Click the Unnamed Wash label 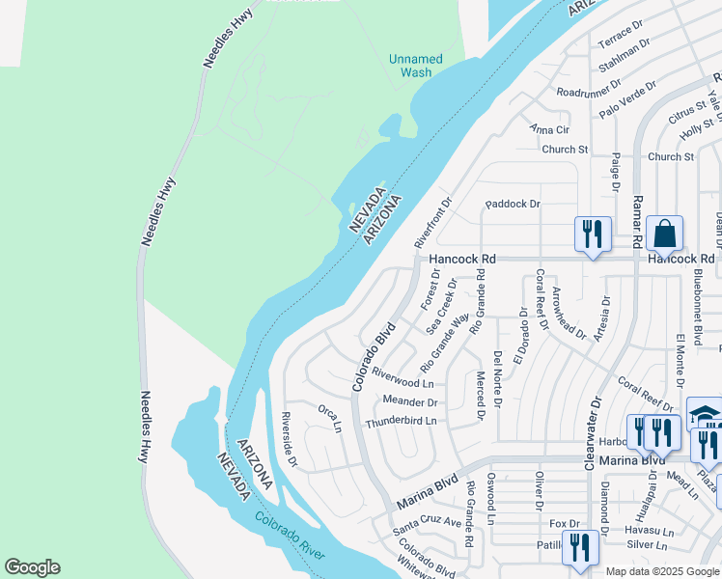point(416,66)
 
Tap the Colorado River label point(291,536)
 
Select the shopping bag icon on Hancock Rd point(664,234)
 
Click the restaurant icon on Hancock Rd point(590,234)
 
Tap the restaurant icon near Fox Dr point(580,549)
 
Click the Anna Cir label point(550,129)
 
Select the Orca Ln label point(330,418)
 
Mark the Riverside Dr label point(289,440)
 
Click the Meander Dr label point(410,401)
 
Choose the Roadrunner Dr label point(590,89)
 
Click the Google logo point(32,567)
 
